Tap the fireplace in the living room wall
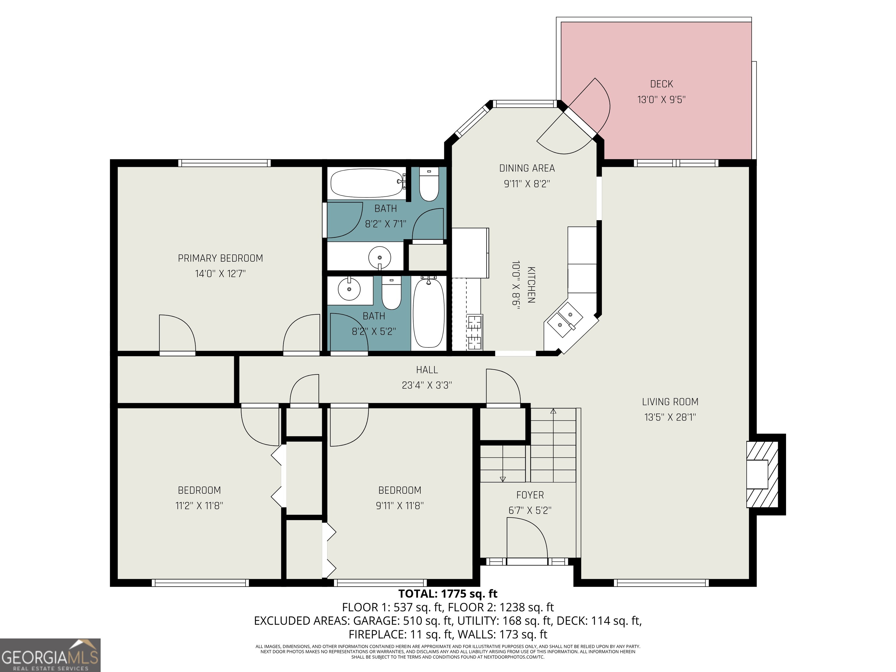point(762,474)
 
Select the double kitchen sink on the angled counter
point(565,320)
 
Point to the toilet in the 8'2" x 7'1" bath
point(428,185)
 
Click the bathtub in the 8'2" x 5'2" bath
point(428,311)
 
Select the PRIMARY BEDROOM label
point(220,258)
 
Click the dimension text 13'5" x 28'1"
point(670,417)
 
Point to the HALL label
point(427,370)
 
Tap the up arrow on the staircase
point(553,412)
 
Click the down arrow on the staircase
point(503,479)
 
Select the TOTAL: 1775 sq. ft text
point(448,594)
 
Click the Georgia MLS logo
point(50,655)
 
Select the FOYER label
point(530,495)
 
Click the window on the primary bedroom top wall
point(224,163)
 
